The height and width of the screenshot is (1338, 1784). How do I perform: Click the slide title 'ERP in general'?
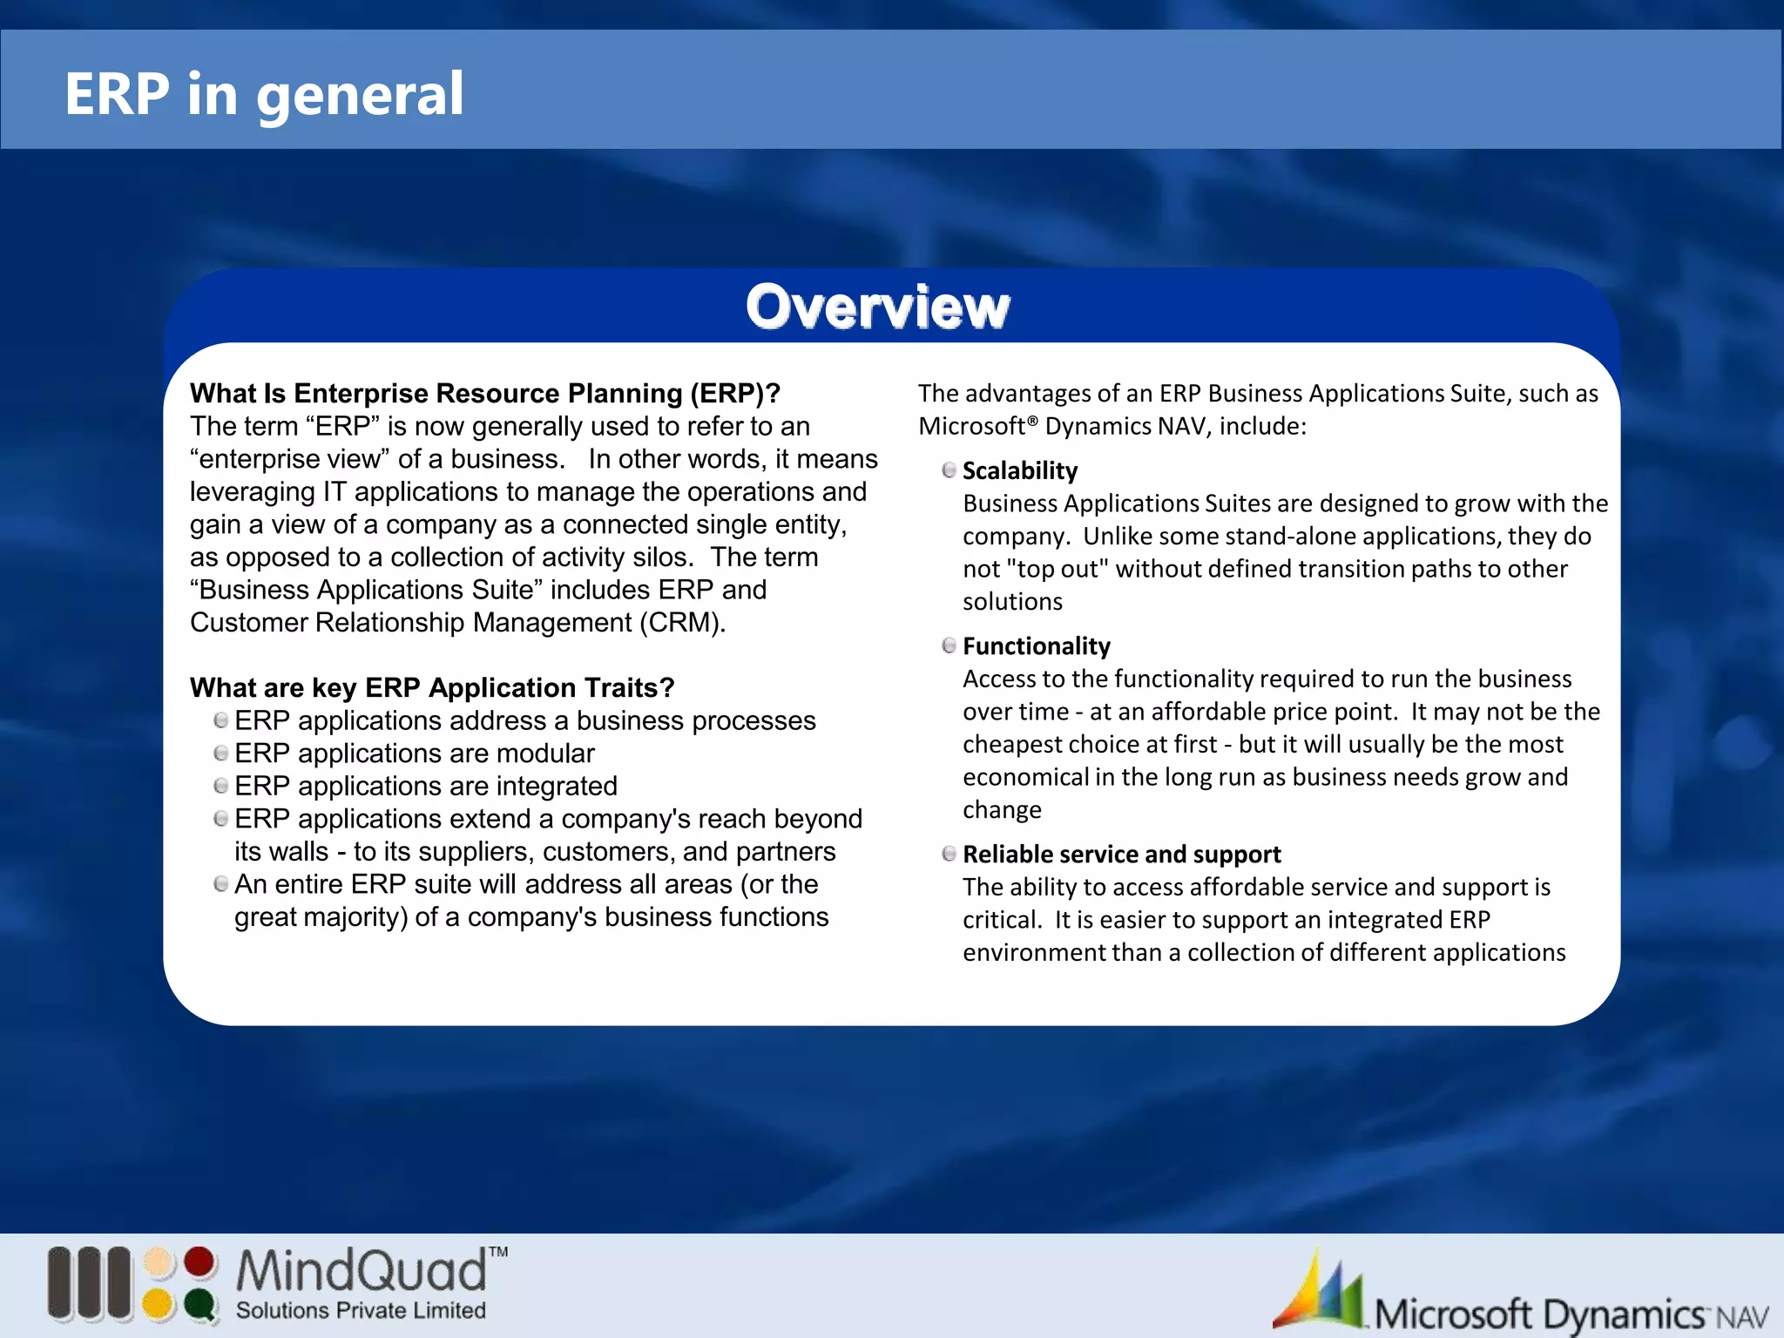coord(264,94)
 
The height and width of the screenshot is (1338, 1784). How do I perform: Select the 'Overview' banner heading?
coord(877,307)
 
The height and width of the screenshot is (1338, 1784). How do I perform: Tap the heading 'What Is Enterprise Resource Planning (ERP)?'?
coord(484,394)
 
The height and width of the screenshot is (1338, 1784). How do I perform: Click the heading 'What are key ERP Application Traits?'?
coord(432,688)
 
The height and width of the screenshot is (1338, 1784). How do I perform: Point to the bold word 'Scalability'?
coord(1020,471)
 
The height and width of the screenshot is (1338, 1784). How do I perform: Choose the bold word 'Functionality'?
coord(1037,646)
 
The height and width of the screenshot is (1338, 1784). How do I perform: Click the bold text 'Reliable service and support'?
coord(1122,855)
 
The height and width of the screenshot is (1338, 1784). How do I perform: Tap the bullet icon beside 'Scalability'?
coord(949,470)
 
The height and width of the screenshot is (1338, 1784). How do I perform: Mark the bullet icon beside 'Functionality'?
coord(949,645)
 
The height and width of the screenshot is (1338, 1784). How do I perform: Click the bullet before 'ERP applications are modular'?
coord(221,753)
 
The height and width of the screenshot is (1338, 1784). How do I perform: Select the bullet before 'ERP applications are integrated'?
coord(221,786)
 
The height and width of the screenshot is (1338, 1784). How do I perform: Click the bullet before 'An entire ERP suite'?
coord(221,884)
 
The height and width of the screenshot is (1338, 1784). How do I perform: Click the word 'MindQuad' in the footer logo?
coord(362,1271)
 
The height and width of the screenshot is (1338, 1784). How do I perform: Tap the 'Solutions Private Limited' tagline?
coord(361,1310)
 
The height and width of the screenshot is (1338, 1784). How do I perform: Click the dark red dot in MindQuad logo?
coord(200,1262)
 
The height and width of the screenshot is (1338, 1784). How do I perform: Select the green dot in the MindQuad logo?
coord(200,1305)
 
